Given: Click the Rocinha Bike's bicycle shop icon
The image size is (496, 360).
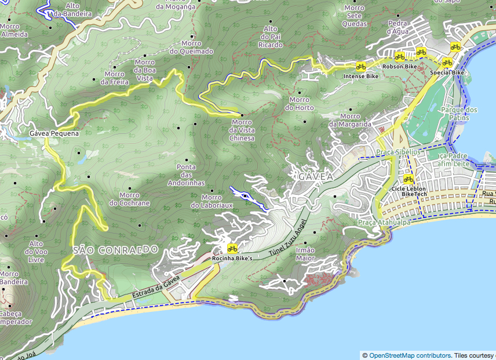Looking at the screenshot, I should click(x=232, y=249).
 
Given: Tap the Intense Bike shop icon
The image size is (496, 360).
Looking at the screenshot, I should click(x=360, y=67).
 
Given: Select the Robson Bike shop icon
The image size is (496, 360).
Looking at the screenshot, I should click(x=399, y=57).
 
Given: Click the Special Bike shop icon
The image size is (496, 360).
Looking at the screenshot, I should click(x=447, y=63).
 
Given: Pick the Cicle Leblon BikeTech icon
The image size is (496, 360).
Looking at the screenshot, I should click(x=409, y=180).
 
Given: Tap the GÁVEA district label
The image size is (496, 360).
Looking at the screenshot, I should click(x=316, y=176).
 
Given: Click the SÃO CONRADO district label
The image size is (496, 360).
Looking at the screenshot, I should click(x=116, y=249).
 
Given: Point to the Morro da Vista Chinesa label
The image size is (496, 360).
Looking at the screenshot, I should click(x=242, y=130).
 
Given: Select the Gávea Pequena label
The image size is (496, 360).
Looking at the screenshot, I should click(x=54, y=133).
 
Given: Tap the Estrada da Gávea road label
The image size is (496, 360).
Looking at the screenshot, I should click(x=156, y=288).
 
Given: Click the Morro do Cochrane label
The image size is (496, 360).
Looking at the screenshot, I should click(x=129, y=199).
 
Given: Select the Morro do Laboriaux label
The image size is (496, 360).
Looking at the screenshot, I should click(x=211, y=201).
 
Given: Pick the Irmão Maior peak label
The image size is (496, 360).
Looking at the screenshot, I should click(x=305, y=254).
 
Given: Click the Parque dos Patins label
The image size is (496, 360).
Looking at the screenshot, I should click(x=459, y=114).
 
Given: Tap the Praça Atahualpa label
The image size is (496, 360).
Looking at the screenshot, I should click(x=384, y=222).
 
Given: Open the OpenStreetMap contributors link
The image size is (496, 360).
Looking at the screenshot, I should click(x=410, y=355).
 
